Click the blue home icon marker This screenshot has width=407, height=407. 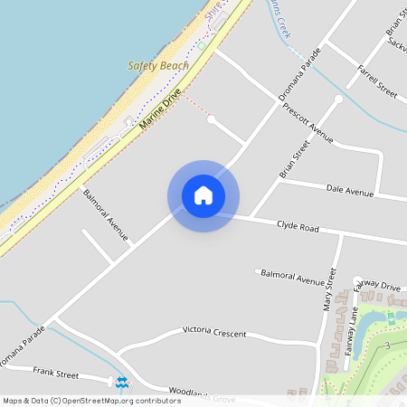click(203, 195)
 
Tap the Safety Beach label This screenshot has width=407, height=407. click(158, 66)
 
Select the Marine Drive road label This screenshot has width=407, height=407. click(162, 109)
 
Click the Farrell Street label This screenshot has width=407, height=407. click(377, 80)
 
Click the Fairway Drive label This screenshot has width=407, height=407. click(377, 287)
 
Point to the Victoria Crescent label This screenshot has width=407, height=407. click(214, 334)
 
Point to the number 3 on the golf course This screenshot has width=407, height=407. click(387, 345)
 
